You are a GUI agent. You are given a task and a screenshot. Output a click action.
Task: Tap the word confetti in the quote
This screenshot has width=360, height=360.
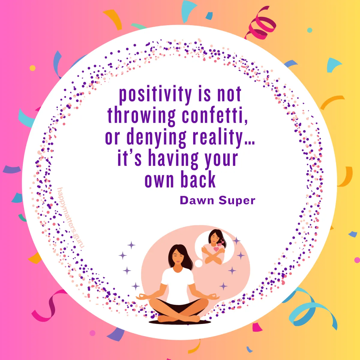click(215, 115)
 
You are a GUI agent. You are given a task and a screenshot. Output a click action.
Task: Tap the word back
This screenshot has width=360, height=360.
click(198, 180)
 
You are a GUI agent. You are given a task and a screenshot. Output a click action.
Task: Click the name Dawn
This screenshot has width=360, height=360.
click(197, 200)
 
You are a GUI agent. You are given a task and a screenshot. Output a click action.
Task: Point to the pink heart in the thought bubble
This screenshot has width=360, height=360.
click(216, 249)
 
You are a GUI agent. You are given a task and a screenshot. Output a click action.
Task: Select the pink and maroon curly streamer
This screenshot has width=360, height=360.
click(260, 24)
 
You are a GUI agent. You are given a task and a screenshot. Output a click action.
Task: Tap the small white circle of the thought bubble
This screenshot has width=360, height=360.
click(199, 263)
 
